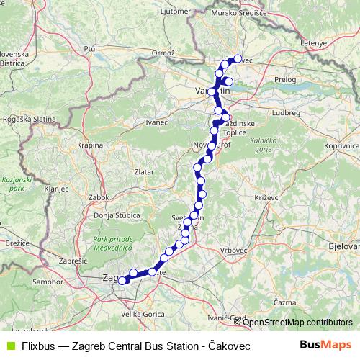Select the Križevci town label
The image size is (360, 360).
257,197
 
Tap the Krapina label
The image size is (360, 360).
91,145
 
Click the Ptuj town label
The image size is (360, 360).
90,48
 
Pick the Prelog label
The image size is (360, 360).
285,80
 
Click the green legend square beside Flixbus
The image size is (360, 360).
9,346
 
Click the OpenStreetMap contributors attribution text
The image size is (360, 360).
297,322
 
